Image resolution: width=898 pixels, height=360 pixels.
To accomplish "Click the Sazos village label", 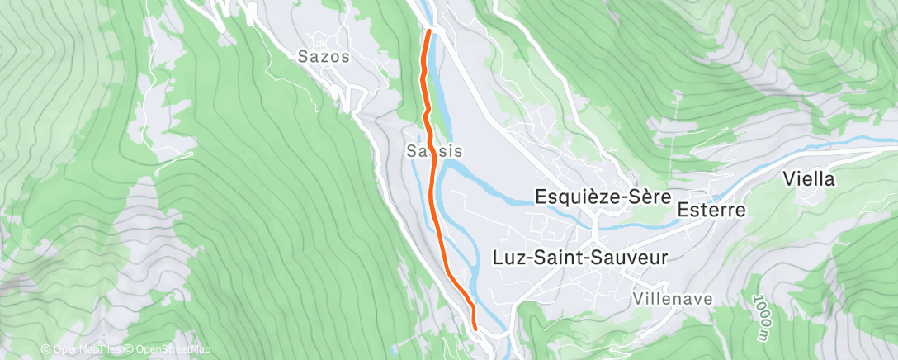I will [324, 58].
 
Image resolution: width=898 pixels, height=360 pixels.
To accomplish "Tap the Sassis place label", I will [434, 151].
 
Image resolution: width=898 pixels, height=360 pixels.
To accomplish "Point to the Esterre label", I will [711, 210].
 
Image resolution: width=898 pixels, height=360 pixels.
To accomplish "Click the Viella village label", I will [809, 179].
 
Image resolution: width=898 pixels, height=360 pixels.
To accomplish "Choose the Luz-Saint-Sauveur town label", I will [579, 257].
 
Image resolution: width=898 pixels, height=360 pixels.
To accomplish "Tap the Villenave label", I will [673, 298].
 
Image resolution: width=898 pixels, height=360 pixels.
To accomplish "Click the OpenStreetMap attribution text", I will [168, 349].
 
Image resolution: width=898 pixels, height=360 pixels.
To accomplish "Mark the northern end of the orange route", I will [429, 31].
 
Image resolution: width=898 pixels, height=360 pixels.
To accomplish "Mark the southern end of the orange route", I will [475, 328].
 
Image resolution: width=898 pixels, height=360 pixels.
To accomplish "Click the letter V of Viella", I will [789, 179].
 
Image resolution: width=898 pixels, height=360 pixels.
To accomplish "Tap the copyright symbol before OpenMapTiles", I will [45, 349].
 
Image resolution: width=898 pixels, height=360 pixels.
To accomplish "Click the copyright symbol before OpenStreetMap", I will [130, 349].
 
